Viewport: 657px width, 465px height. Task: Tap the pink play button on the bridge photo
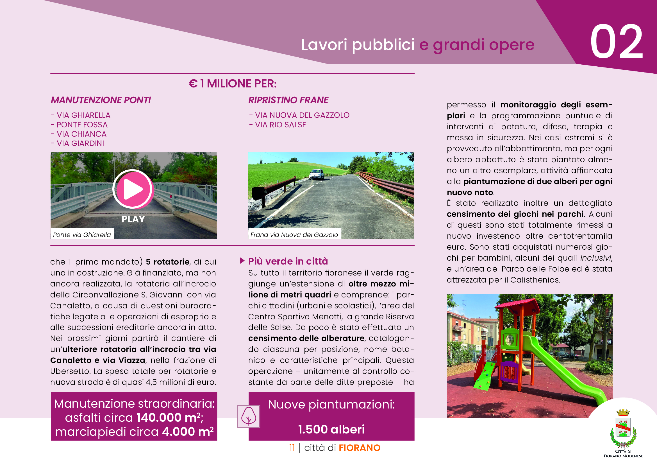(x=133, y=189)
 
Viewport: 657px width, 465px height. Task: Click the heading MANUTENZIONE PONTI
(x=101, y=100)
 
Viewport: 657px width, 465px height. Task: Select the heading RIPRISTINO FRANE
(x=288, y=100)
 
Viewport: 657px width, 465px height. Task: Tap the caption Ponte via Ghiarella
(x=82, y=235)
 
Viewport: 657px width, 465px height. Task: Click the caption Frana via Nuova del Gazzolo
(x=294, y=235)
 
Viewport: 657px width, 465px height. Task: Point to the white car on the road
(x=317, y=174)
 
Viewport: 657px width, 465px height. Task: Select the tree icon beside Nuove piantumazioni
(x=249, y=416)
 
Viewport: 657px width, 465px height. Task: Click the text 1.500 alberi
(x=331, y=429)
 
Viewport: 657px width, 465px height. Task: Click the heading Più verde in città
(x=288, y=261)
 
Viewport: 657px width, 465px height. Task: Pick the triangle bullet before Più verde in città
(x=242, y=261)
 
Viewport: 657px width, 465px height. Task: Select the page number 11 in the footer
(x=292, y=448)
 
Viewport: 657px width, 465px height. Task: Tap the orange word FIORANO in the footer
(x=360, y=448)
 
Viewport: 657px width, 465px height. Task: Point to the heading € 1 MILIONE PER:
(x=232, y=83)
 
